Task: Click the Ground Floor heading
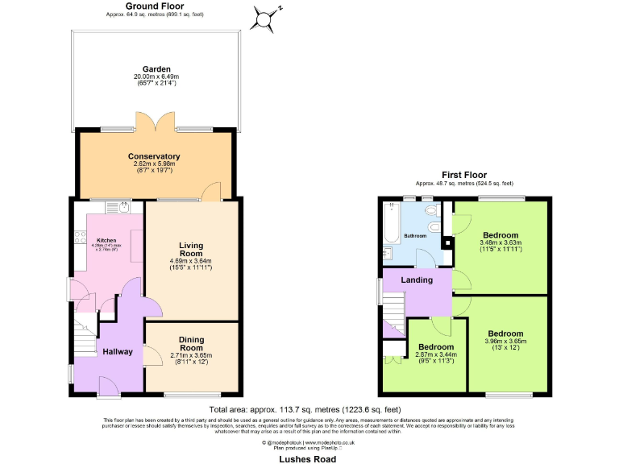click(x=155, y=6)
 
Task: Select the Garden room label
click(x=155, y=69)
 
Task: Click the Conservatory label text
click(x=154, y=156)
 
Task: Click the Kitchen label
click(x=107, y=240)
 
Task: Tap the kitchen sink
click(x=123, y=207)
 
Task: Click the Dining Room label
click(x=190, y=343)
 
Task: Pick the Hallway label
click(x=118, y=351)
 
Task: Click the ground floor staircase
click(x=84, y=330)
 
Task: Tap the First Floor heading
click(x=464, y=175)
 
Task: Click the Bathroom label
click(x=415, y=236)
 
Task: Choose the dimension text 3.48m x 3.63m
click(x=501, y=242)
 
